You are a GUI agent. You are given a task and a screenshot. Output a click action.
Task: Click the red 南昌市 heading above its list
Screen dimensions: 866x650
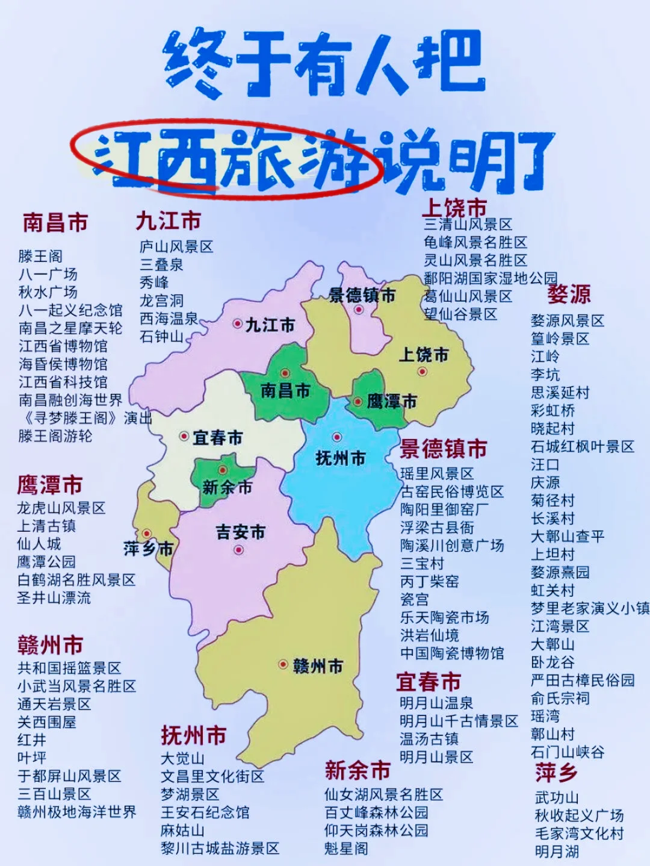(55, 222)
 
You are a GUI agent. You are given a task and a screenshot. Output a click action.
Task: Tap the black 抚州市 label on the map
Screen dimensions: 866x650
(341, 458)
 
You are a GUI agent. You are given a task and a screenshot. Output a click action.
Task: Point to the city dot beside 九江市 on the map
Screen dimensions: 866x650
(238, 323)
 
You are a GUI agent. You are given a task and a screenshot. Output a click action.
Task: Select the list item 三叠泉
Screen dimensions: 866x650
(161, 264)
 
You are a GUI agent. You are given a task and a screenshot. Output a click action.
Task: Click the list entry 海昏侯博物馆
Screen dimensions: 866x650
(63, 364)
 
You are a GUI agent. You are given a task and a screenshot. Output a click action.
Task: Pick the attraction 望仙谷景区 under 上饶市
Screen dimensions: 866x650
(460, 314)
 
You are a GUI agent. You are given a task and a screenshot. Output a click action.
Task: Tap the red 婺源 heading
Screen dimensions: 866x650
(569, 294)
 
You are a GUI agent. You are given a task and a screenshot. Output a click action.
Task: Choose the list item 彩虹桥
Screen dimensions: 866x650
(552, 410)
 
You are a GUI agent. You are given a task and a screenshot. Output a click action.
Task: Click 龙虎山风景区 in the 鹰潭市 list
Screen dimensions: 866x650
(61, 508)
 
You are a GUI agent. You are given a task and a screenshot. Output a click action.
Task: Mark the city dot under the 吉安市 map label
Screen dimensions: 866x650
(239, 549)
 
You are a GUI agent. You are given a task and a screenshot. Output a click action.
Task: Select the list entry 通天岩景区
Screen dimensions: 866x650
(54, 703)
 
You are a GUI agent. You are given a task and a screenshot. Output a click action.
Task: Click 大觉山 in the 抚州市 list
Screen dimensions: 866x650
(182, 758)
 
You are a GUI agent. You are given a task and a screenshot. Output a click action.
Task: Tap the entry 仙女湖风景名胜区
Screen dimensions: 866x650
(383, 794)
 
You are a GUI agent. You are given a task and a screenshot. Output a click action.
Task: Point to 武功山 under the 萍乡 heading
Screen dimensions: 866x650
(557, 797)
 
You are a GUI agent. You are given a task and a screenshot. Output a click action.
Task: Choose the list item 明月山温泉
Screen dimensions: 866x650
(436, 703)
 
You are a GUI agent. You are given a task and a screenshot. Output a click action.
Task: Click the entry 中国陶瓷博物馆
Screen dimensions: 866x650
(452, 653)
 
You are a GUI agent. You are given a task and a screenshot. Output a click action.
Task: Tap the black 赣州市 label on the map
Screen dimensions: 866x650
(318, 666)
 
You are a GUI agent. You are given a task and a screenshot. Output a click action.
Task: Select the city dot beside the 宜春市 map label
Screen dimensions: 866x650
(184, 435)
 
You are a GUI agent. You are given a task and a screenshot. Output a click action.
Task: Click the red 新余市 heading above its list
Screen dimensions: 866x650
(357, 770)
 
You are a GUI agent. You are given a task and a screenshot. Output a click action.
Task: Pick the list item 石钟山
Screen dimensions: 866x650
(161, 336)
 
